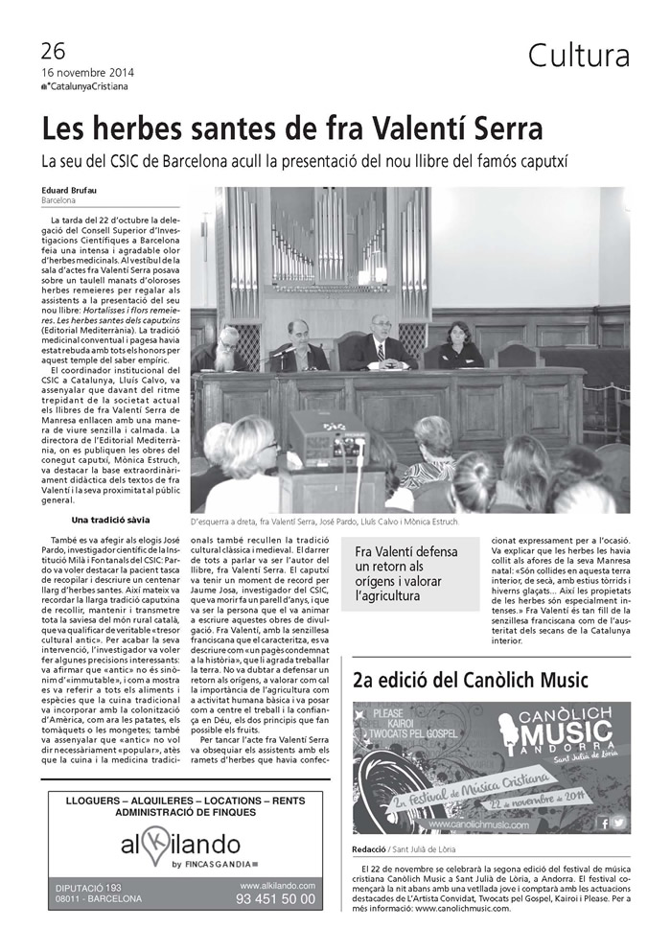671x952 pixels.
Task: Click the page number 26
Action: point(53,51)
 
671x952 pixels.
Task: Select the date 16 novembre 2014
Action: point(87,72)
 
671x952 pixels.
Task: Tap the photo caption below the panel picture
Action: point(324,522)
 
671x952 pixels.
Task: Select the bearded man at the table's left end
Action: point(228,349)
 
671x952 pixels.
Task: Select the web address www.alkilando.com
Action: point(277,885)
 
